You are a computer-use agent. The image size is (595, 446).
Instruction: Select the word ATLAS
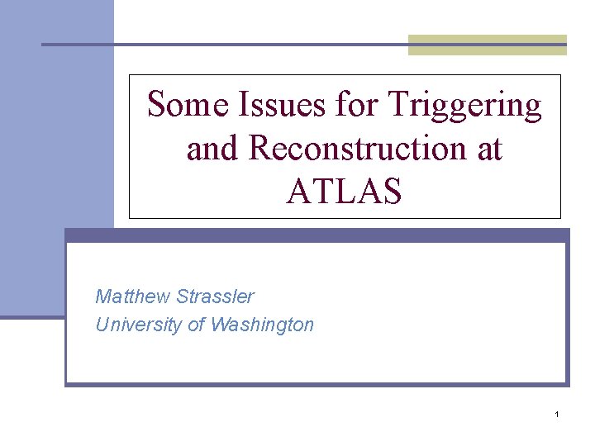(x=345, y=192)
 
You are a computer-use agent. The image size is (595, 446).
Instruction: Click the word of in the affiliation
(x=197, y=325)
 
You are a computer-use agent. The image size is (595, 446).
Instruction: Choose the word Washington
(x=262, y=325)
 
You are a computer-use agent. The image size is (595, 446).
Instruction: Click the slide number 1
(x=557, y=413)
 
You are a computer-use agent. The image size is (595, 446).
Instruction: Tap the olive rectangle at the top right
(x=488, y=45)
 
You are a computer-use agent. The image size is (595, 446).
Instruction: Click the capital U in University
(x=102, y=325)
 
